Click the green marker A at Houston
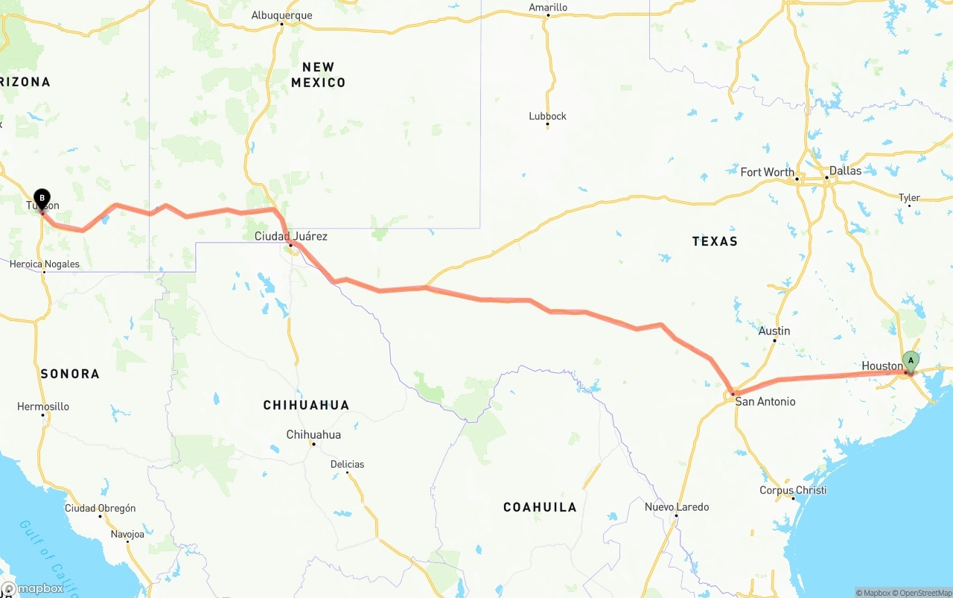(910, 361)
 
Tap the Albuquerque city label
(281, 16)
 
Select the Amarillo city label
(548, 7)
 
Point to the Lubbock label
(547, 116)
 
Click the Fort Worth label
(767, 172)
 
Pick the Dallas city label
(845, 171)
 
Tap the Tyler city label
(909, 198)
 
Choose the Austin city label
(774, 331)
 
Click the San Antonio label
(765, 401)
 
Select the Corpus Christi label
(793, 490)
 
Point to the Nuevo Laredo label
(677, 507)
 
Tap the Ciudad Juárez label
(290, 236)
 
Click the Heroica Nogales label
(44, 264)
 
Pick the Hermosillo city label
(43, 407)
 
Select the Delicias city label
(348, 464)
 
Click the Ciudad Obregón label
(101, 508)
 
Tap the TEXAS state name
(714, 241)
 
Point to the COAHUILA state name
(540, 507)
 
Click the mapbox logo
(33, 588)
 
